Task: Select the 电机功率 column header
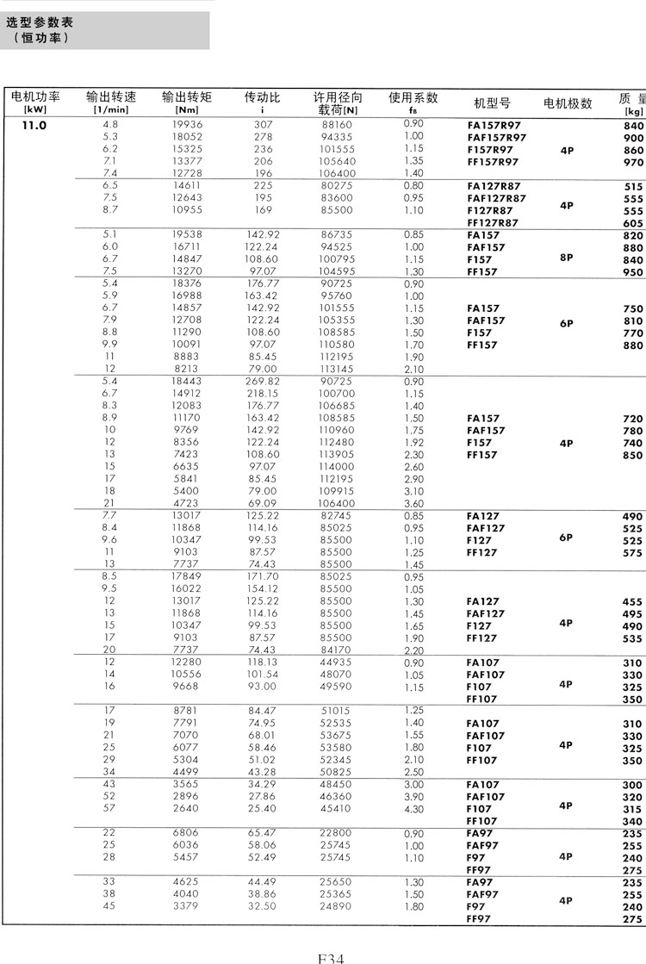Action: click(35, 97)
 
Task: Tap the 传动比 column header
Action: click(263, 97)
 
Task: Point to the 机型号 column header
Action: click(493, 103)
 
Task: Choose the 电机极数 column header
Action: click(568, 103)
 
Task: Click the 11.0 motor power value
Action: click(34, 125)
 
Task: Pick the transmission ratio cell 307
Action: click(263, 125)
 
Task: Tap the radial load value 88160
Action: click(337, 125)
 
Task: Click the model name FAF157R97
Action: click(497, 138)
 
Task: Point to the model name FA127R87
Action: click(494, 186)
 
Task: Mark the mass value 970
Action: click(633, 162)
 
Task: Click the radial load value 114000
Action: click(337, 467)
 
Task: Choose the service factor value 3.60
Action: click(413, 504)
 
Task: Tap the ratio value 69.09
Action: click(263, 503)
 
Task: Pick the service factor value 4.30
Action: click(413, 809)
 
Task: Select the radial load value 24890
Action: click(337, 906)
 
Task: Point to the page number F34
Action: click(331, 956)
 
